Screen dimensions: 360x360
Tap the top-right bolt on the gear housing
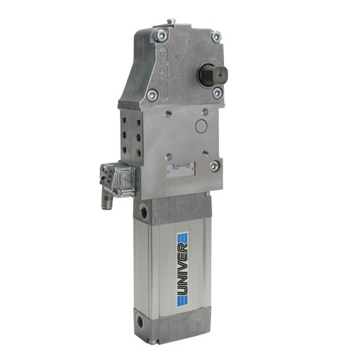(x=215, y=37)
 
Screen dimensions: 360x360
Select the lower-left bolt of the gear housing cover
(x=152, y=94)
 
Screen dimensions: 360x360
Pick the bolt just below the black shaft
(x=217, y=92)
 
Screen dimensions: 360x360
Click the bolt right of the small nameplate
(x=214, y=165)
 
